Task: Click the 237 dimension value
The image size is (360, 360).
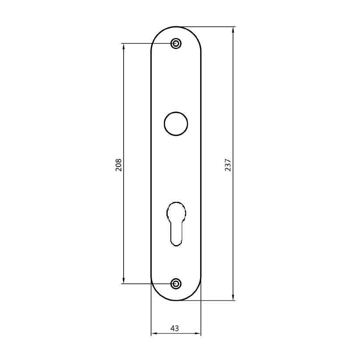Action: pyautogui.click(x=228, y=165)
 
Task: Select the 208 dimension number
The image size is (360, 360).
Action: pyautogui.click(x=118, y=165)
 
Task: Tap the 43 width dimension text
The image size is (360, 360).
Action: pyautogui.click(x=174, y=329)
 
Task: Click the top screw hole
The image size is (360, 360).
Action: pyautogui.click(x=176, y=43)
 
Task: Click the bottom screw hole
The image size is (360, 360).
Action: pyautogui.click(x=176, y=284)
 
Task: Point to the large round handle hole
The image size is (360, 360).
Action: pyautogui.click(x=176, y=124)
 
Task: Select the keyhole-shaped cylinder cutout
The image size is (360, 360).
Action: pyautogui.click(x=176, y=224)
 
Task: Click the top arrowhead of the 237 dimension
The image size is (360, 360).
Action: pyautogui.click(x=233, y=30)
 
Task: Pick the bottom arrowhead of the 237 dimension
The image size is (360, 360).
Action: pyautogui.click(x=233, y=297)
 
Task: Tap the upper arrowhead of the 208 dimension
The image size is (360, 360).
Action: pyautogui.click(x=124, y=47)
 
